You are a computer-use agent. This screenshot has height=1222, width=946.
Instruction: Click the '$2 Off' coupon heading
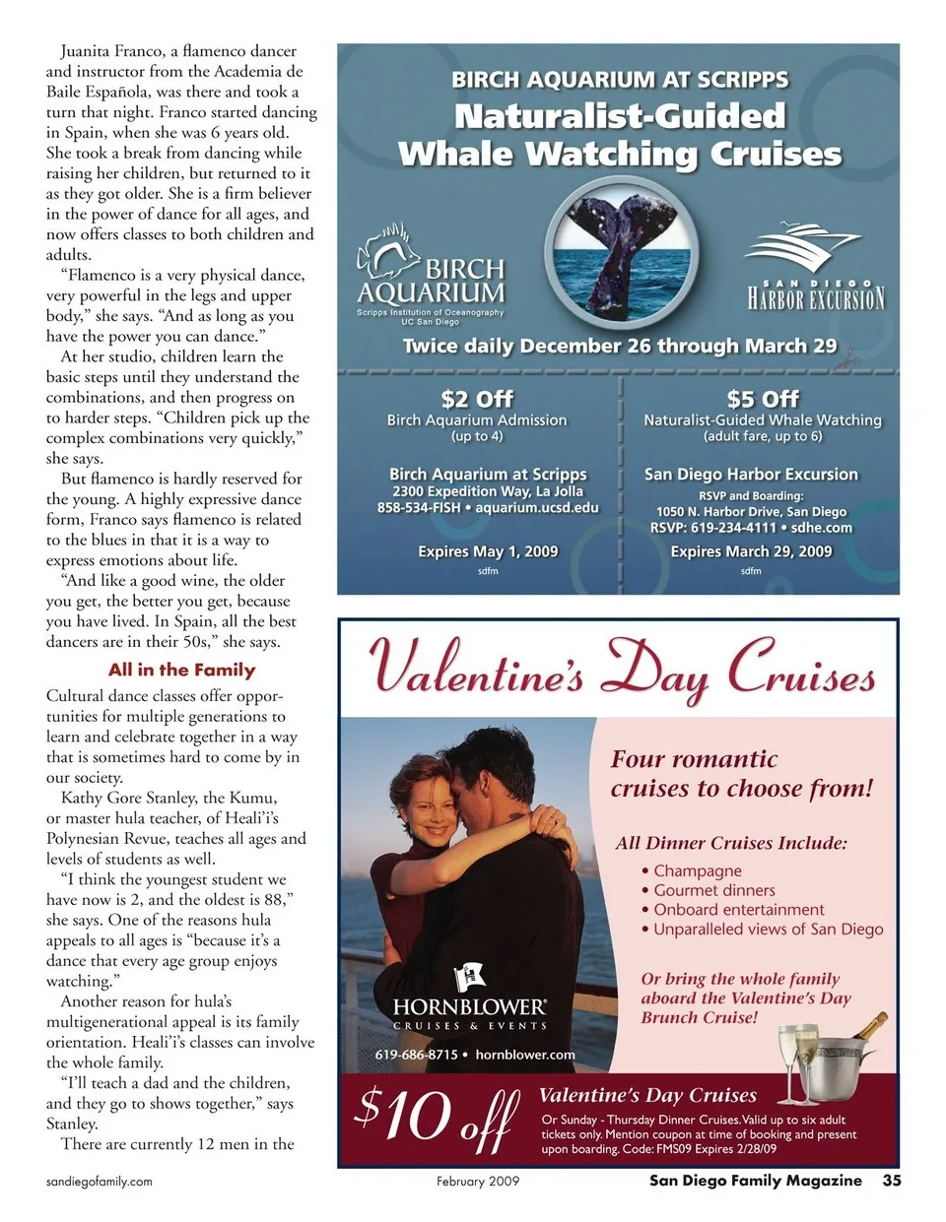tap(477, 399)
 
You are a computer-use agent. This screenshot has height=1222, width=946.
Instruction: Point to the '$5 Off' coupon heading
tap(763, 399)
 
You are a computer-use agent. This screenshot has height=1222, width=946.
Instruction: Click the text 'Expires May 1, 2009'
tap(488, 551)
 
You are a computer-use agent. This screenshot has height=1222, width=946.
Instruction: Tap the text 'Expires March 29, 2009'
tap(751, 551)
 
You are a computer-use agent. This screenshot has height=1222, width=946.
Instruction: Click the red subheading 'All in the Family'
tap(181, 670)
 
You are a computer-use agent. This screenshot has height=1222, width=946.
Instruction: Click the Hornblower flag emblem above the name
tap(469, 978)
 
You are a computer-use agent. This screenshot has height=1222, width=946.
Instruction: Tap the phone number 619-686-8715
tap(416, 1055)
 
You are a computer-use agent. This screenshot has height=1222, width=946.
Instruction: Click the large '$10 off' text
tap(436, 1116)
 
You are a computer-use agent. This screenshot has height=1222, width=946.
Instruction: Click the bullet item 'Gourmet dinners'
tap(713, 890)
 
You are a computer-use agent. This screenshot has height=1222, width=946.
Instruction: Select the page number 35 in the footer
tap(891, 1181)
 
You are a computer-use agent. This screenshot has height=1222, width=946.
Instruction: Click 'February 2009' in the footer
tap(478, 1181)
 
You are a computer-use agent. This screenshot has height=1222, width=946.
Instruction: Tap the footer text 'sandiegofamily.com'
tap(100, 1181)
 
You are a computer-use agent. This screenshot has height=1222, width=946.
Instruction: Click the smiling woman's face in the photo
tap(433, 808)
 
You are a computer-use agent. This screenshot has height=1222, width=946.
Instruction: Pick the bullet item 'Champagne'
tap(697, 870)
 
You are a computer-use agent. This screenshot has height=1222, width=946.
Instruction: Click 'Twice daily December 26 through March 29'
tap(619, 346)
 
